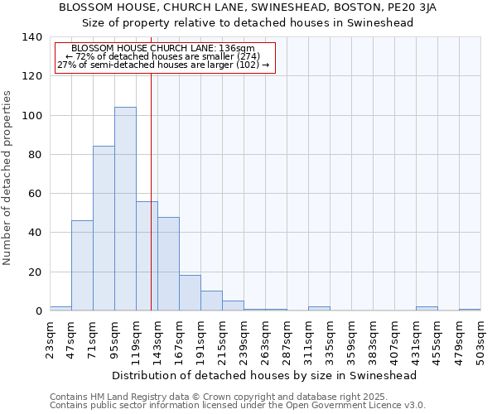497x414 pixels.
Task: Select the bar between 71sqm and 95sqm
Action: tap(104, 229)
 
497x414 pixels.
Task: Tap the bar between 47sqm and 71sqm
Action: tap(82, 266)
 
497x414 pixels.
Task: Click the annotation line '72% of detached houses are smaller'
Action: tap(162, 56)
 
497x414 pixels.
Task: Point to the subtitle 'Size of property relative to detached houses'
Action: tap(248, 22)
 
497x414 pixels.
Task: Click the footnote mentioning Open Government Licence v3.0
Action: tap(238, 405)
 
